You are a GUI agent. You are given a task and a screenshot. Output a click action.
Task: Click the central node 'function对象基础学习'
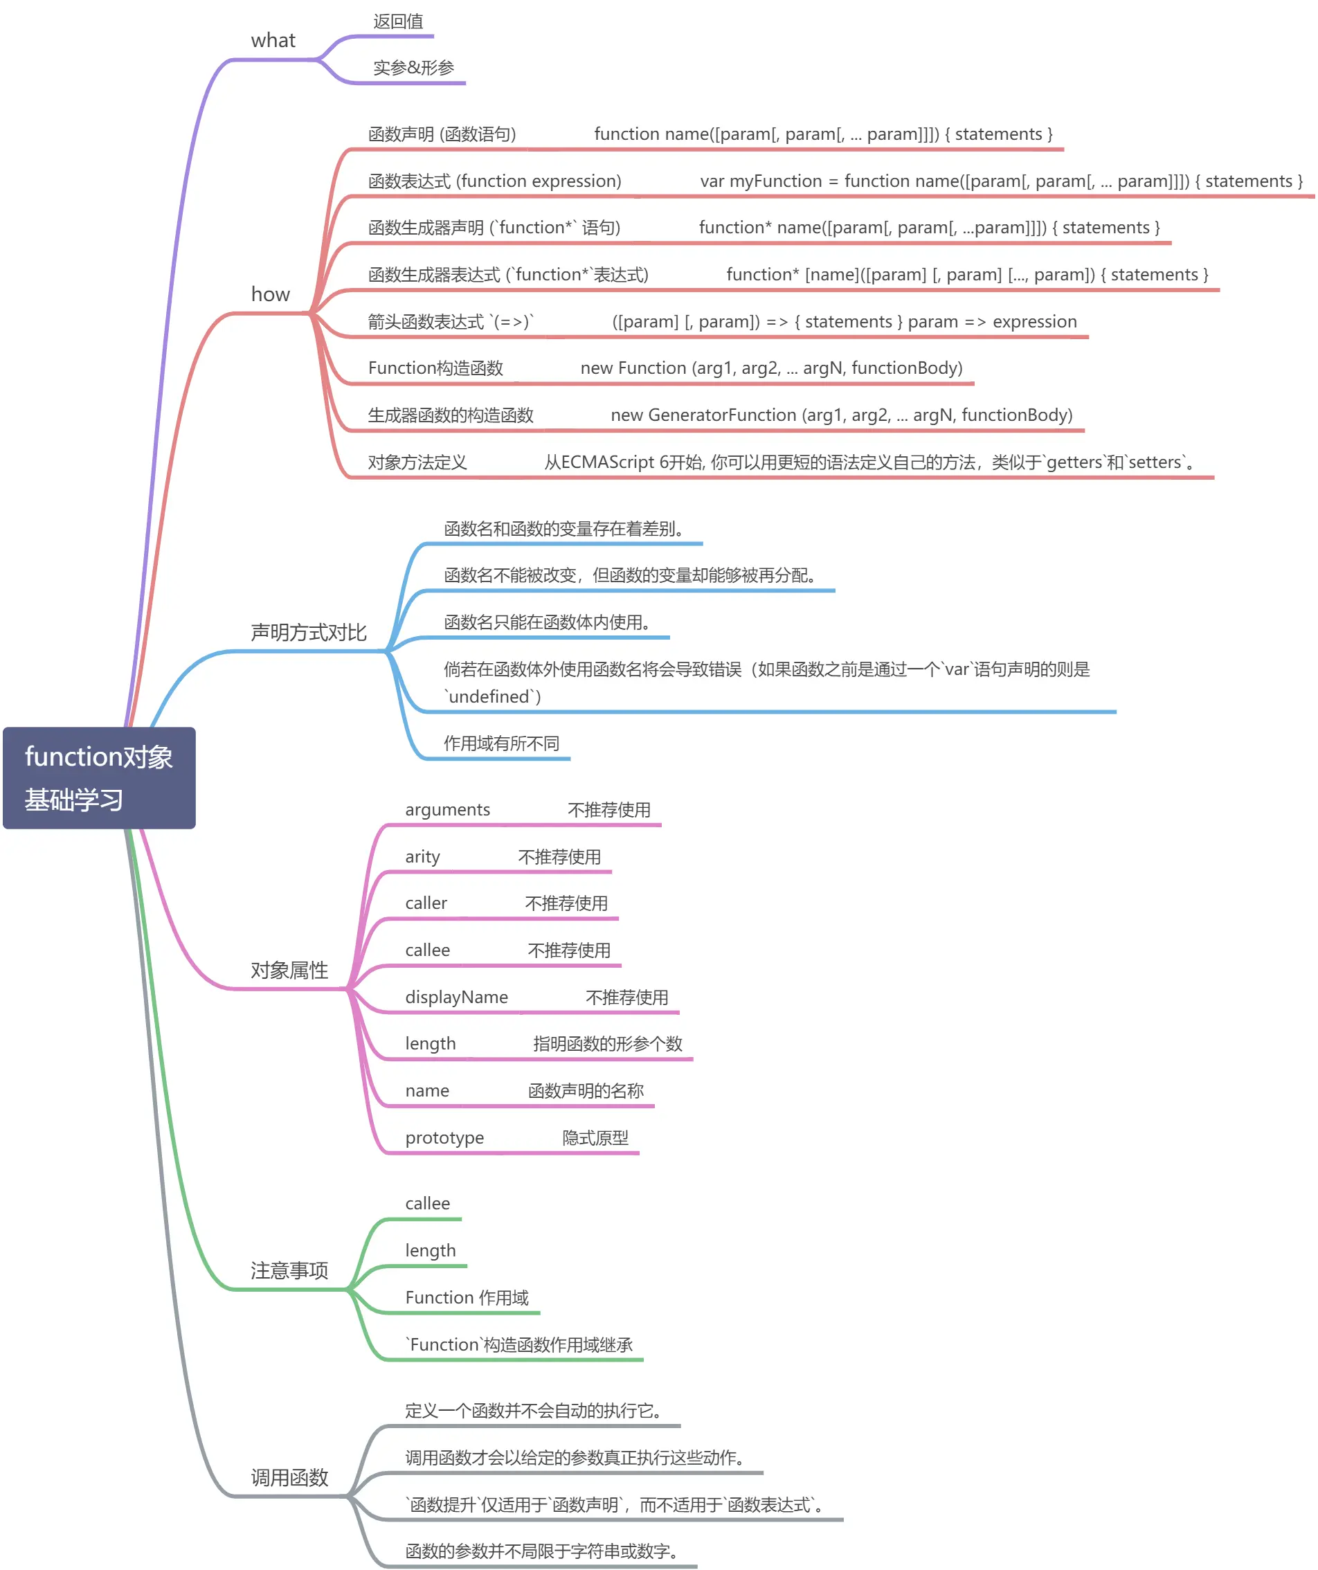[x=99, y=777]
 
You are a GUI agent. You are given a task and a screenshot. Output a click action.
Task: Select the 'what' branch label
[x=273, y=40]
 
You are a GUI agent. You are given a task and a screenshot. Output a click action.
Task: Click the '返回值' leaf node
[x=399, y=21]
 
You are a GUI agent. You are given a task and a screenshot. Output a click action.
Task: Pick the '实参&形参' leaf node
[x=413, y=68]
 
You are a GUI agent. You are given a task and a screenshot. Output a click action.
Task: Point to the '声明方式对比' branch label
[x=309, y=633]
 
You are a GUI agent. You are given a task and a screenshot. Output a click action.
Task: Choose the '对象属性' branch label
[x=289, y=971]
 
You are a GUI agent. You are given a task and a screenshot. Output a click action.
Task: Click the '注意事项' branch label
[x=289, y=1270]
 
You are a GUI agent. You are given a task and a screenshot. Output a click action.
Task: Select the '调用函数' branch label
[x=289, y=1477]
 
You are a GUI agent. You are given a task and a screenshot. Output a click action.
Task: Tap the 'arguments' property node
[x=447, y=811]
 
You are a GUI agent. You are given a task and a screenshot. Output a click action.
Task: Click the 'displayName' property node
[x=456, y=998]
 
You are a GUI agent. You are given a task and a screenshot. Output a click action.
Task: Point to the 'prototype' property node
[x=444, y=1138]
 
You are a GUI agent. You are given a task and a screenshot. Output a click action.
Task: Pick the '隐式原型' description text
[x=595, y=1138]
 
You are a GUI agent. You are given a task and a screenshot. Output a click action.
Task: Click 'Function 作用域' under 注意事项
[x=467, y=1298]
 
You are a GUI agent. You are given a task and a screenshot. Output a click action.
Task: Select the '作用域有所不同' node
[x=501, y=743]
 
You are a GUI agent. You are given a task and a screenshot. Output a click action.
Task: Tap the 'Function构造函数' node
[x=435, y=368]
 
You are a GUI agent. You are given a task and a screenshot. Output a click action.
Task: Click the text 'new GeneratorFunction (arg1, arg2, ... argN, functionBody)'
[x=841, y=415]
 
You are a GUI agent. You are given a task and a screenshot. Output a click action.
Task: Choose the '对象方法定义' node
[x=417, y=462]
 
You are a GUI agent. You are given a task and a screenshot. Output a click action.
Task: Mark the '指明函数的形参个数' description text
[x=607, y=1044]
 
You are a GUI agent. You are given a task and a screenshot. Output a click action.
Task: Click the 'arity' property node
[x=422, y=857]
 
